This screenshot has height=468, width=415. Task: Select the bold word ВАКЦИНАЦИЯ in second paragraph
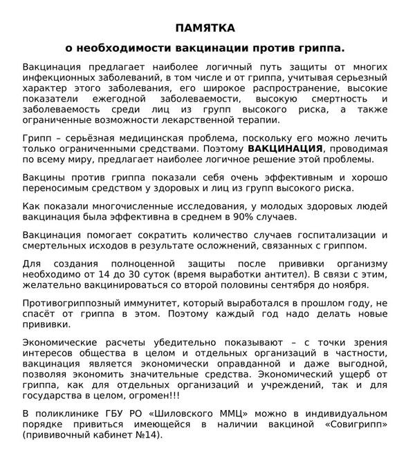point(285,148)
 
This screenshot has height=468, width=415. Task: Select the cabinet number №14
point(149,437)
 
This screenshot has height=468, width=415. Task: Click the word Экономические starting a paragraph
point(60,343)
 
